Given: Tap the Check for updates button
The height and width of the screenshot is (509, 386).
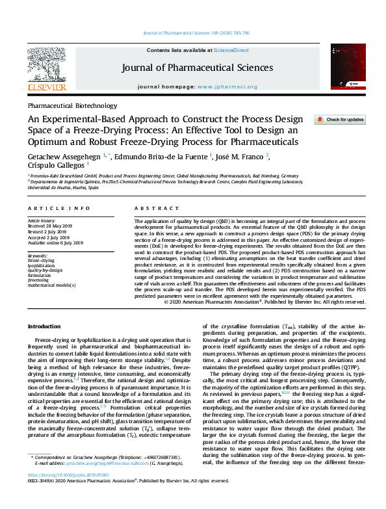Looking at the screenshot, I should point(340,120).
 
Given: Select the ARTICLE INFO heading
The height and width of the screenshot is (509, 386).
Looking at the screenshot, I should point(59,208).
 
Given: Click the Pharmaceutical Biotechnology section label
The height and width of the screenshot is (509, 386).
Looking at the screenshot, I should point(68,105).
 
